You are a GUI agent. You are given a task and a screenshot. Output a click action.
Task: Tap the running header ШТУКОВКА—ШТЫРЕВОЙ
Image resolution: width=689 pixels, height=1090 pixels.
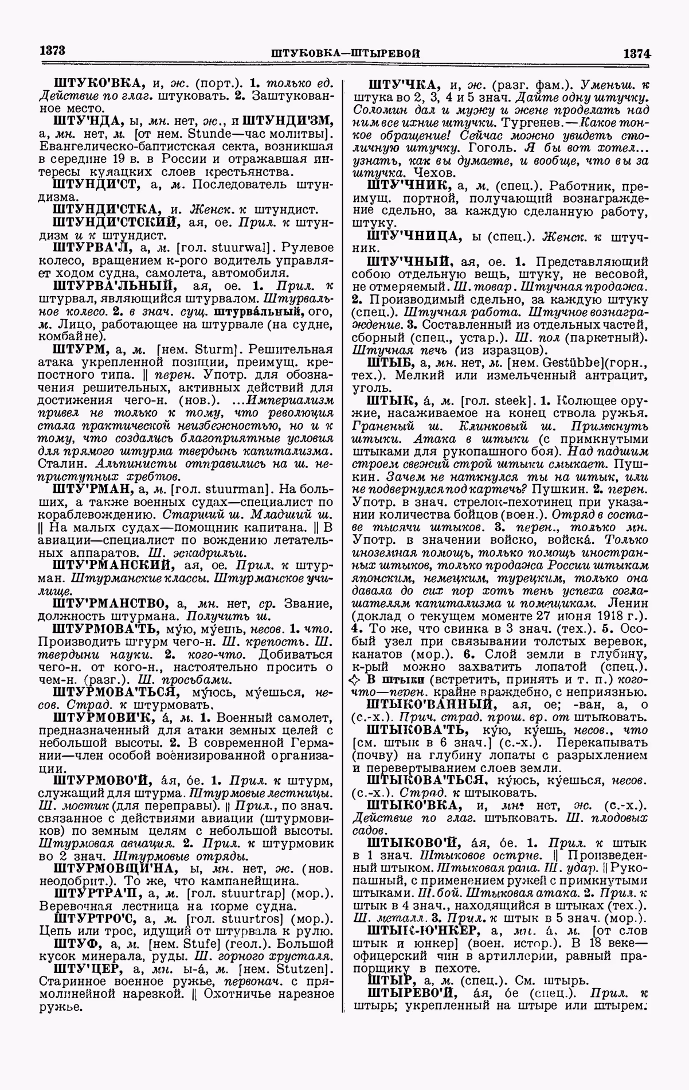tap(345, 53)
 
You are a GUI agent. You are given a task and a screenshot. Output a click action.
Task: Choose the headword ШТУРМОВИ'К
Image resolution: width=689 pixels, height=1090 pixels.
tap(102, 718)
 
